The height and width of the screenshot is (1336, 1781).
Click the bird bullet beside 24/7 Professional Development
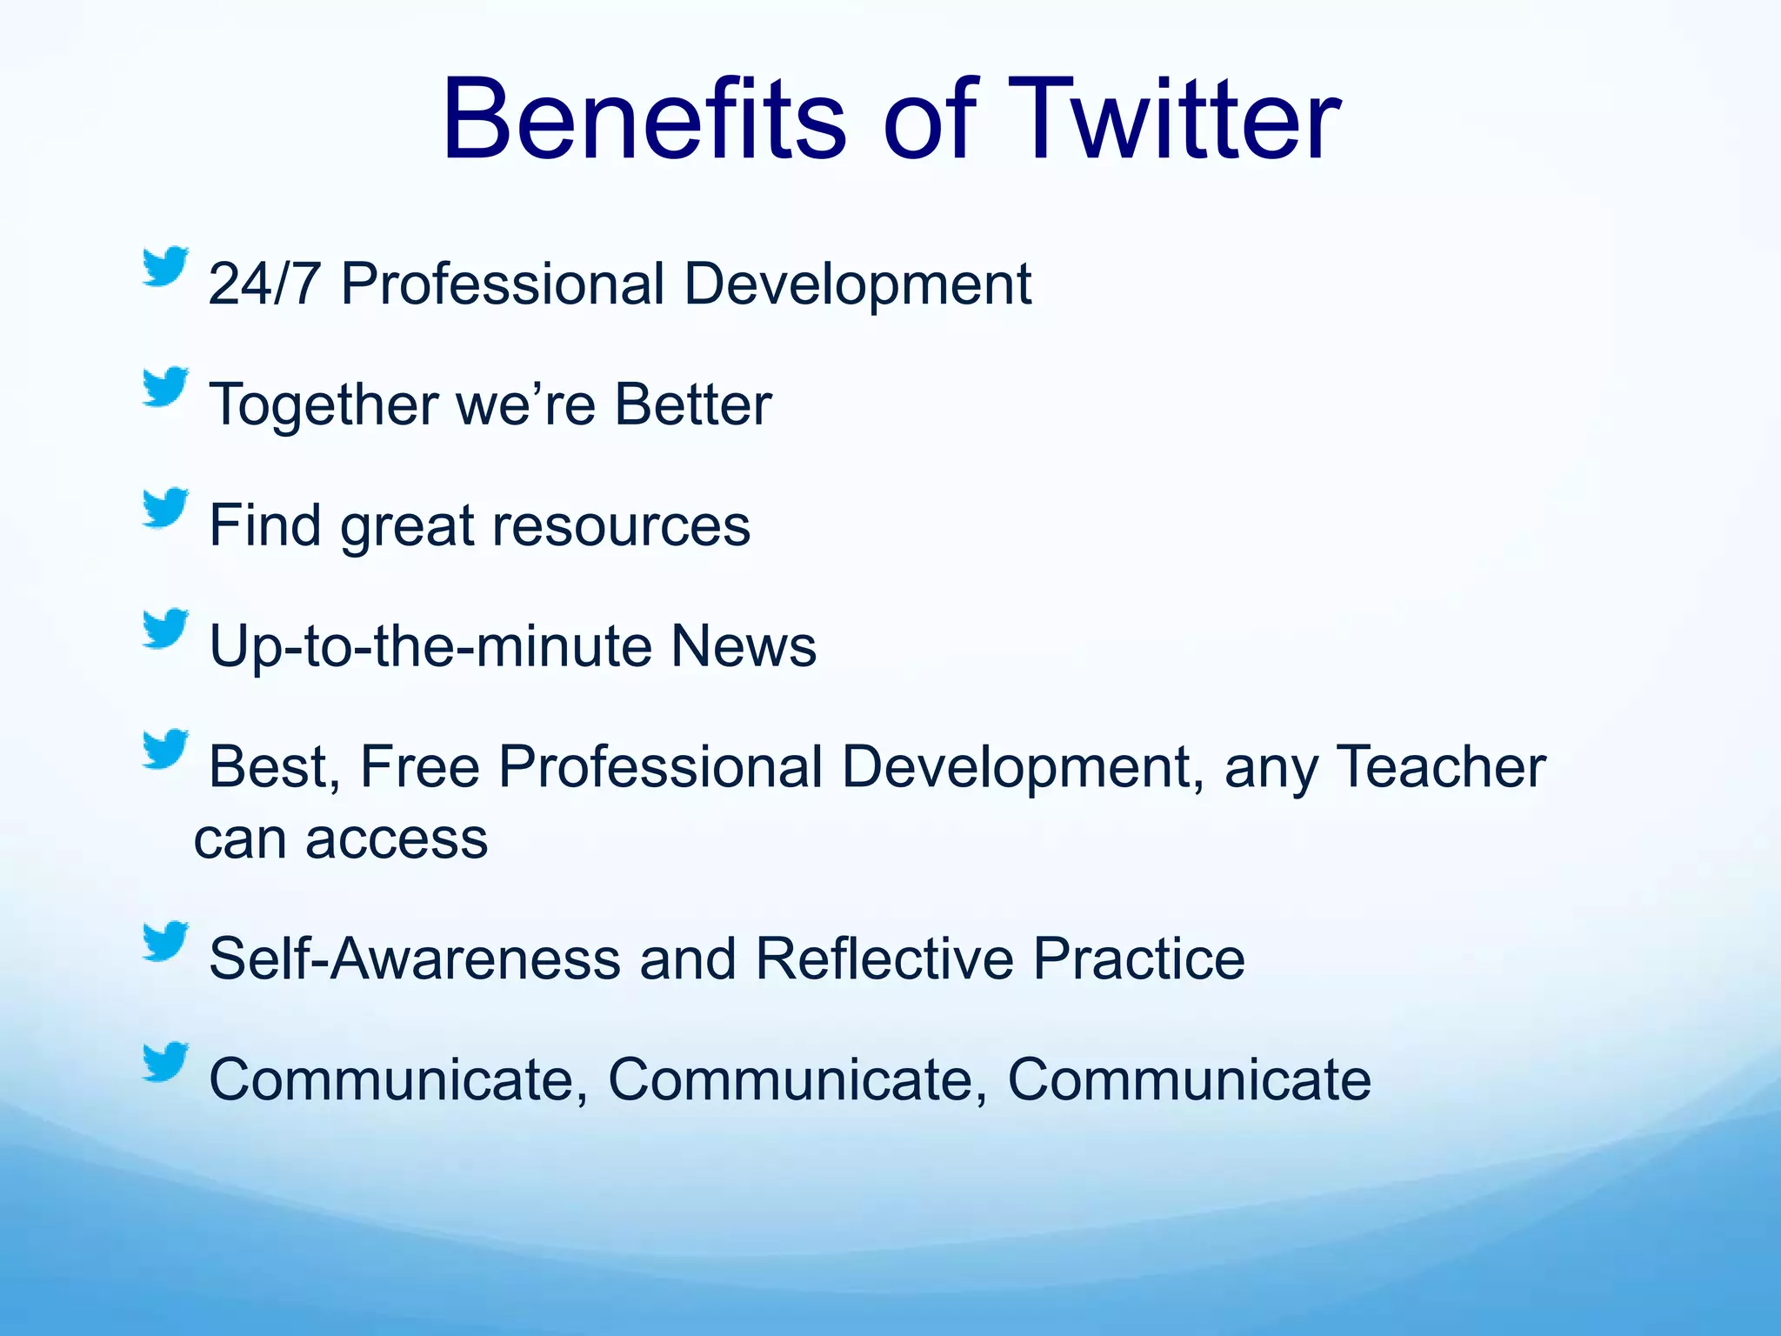(x=165, y=266)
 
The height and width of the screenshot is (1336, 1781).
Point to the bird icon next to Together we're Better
(x=165, y=386)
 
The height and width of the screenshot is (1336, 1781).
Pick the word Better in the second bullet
(x=693, y=404)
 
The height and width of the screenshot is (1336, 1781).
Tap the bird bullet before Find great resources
(x=165, y=507)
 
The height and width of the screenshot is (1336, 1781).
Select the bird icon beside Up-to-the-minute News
(x=165, y=628)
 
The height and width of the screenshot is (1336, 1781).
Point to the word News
(x=744, y=646)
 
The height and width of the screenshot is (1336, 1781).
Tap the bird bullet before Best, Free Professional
(x=165, y=749)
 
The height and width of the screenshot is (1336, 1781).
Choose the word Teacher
(x=1441, y=767)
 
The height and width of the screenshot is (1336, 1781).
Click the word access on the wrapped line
(x=397, y=839)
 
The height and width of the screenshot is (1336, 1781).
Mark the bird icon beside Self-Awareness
(x=165, y=941)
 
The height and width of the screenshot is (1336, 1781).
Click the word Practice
(x=1139, y=959)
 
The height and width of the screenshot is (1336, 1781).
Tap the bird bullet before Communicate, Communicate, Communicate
(x=165, y=1061)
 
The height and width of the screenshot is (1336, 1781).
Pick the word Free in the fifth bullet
(x=419, y=767)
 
